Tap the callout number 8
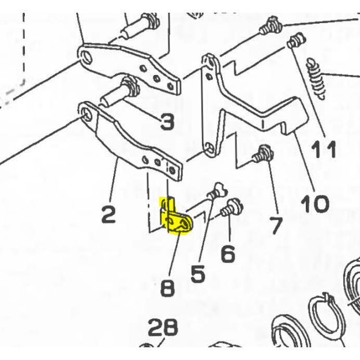168,287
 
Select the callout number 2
108,215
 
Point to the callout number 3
166,122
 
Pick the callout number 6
228,253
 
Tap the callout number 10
314,202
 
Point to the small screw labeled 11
295,41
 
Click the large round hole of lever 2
88,112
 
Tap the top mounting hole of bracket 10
208,60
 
